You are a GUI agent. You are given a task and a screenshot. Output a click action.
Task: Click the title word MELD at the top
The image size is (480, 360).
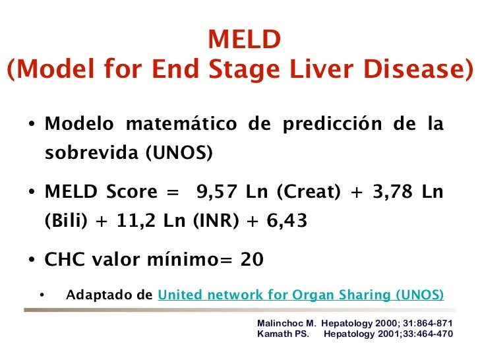[245, 41]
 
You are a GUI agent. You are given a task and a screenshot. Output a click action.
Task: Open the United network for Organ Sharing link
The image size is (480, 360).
[301, 294]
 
